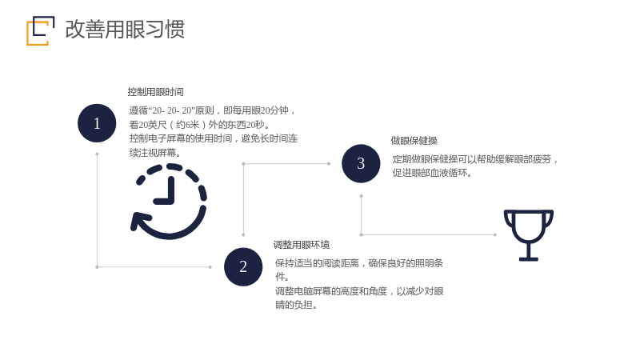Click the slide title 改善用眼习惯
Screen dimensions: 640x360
click(125, 30)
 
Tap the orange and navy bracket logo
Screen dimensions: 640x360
click(41, 30)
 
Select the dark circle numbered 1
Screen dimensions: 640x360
click(97, 123)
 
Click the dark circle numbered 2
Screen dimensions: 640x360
click(243, 266)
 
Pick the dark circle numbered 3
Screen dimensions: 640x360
click(361, 163)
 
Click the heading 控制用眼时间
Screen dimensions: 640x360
click(155, 92)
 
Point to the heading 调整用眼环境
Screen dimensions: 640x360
click(302, 245)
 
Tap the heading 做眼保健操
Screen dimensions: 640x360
click(414, 141)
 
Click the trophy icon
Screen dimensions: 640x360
click(529, 235)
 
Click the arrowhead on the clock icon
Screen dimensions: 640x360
click(138, 221)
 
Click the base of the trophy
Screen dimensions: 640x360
click(529, 258)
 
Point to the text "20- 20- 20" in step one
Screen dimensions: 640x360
click(171, 110)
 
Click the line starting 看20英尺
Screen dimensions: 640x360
click(199, 125)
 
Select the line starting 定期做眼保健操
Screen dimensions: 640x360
click(475, 158)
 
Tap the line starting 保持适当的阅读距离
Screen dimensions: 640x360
click(359, 263)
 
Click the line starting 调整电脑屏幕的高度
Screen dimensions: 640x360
click(359, 291)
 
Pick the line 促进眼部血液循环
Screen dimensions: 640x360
click(432, 173)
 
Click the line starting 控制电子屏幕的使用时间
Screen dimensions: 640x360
click(214, 138)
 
